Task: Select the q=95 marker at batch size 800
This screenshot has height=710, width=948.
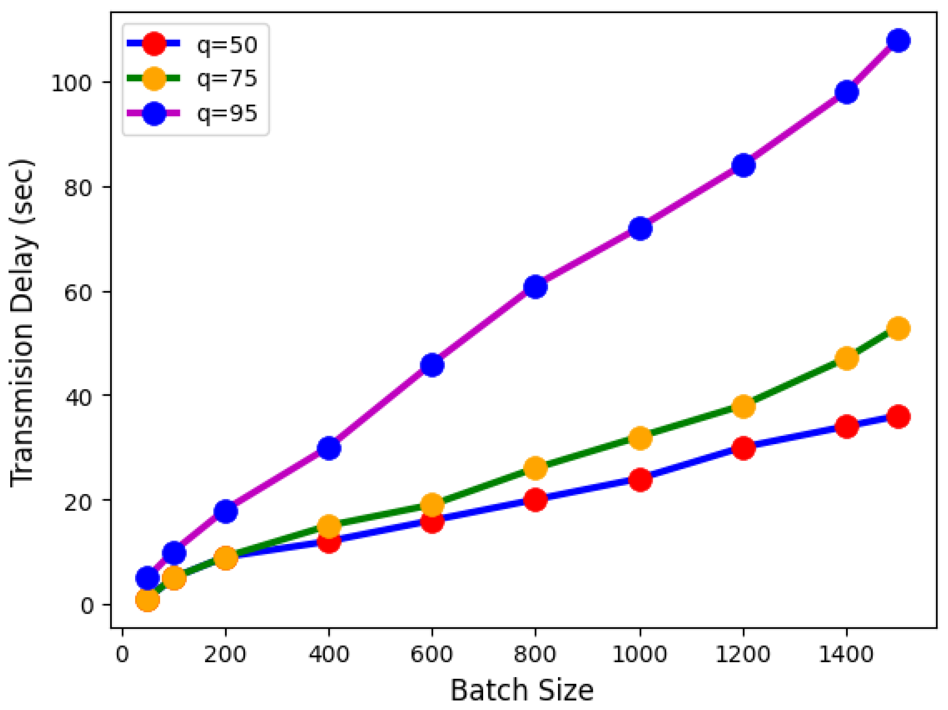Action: (x=535, y=287)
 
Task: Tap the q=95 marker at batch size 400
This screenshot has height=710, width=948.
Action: (x=329, y=448)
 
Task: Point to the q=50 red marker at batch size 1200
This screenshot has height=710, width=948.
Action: (x=743, y=448)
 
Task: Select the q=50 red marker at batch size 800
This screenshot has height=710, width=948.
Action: (x=535, y=500)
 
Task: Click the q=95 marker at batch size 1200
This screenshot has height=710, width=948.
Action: (x=743, y=165)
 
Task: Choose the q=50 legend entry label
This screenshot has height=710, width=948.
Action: (x=227, y=44)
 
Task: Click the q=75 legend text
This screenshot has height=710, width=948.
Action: (x=227, y=78)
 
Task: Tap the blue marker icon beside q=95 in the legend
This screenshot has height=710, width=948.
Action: (x=154, y=114)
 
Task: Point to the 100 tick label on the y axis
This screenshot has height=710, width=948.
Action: (x=72, y=83)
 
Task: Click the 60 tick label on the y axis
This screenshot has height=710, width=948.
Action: (x=78, y=293)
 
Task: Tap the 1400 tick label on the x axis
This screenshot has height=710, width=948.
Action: (x=846, y=655)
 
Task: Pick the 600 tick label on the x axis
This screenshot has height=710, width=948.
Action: (x=432, y=655)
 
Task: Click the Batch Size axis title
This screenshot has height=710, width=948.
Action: (x=522, y=690)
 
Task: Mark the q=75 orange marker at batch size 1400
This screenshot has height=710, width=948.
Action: (x=847, y=358)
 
